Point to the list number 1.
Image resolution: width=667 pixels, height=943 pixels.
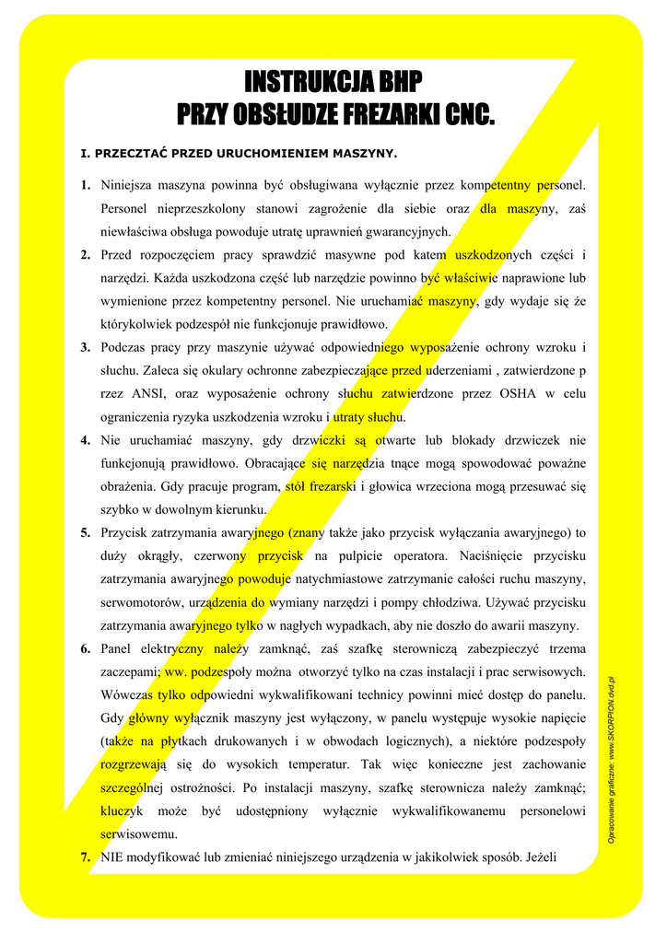pyautogui.click(x=85, y=186)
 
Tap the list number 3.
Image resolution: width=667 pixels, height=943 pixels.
pyautogui.click(x=85, y=347)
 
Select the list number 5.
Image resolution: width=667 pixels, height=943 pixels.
pyautogui.click(x=85, y=532)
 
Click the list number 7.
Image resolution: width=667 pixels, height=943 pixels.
pyautogui.click(x=85, y=856)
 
